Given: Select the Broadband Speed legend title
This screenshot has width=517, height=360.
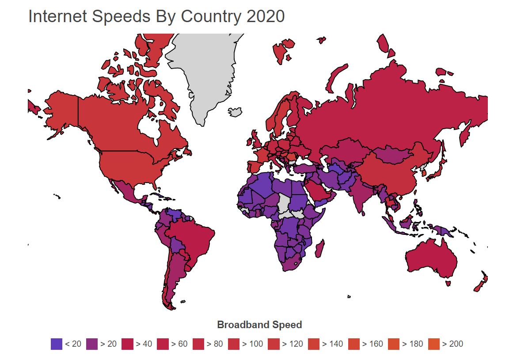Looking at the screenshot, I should tap(259, 325).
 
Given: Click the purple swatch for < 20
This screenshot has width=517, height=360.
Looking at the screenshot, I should tap(56, 344).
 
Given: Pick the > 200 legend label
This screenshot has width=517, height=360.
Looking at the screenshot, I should tap(452, 344).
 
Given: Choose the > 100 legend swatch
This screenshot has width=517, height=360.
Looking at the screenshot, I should tap(234, 344).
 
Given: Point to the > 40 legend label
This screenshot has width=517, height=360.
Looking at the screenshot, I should tap(144, 344).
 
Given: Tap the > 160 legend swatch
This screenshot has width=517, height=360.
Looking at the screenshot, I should tap(354, 344).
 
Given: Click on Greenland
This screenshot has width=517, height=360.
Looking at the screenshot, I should tap(203, 71).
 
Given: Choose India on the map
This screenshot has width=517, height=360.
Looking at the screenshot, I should tap(360, 197).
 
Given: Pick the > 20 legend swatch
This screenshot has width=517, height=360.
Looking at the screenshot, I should tap(91, 344).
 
